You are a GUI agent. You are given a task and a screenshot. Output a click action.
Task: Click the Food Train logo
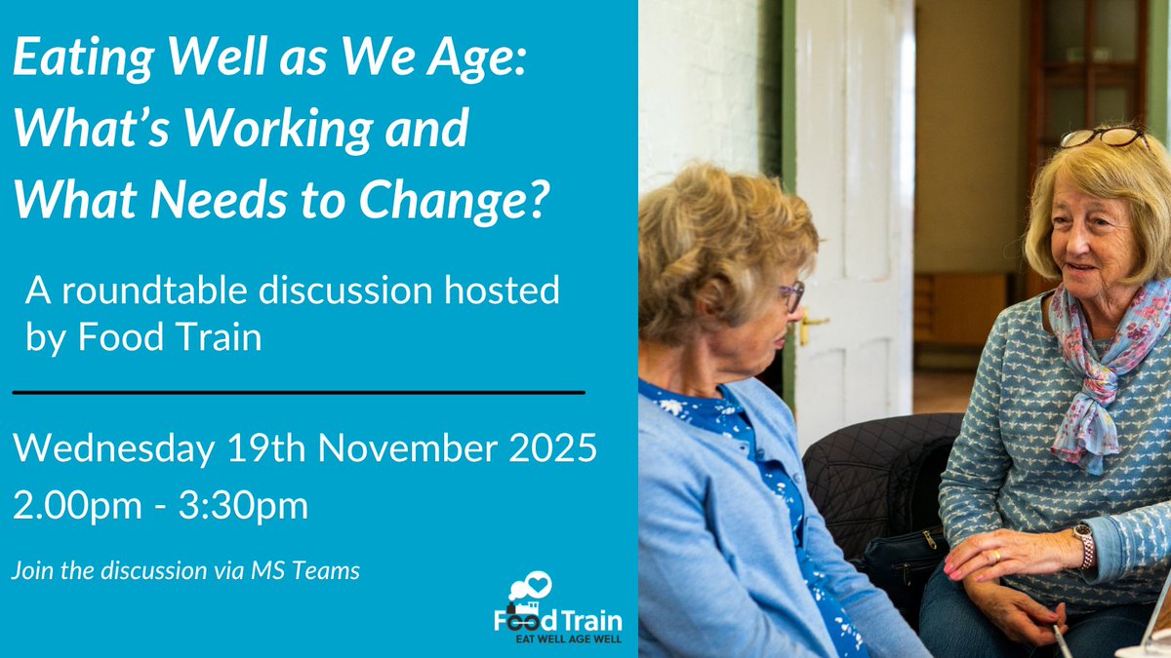(x=557, y=609)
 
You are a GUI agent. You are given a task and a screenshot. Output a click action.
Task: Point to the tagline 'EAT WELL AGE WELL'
(x=569, y=639)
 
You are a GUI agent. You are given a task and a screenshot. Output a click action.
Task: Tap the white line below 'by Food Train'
(x=298, y=392)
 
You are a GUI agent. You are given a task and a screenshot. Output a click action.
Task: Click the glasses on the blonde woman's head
(x=1107, y=136)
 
